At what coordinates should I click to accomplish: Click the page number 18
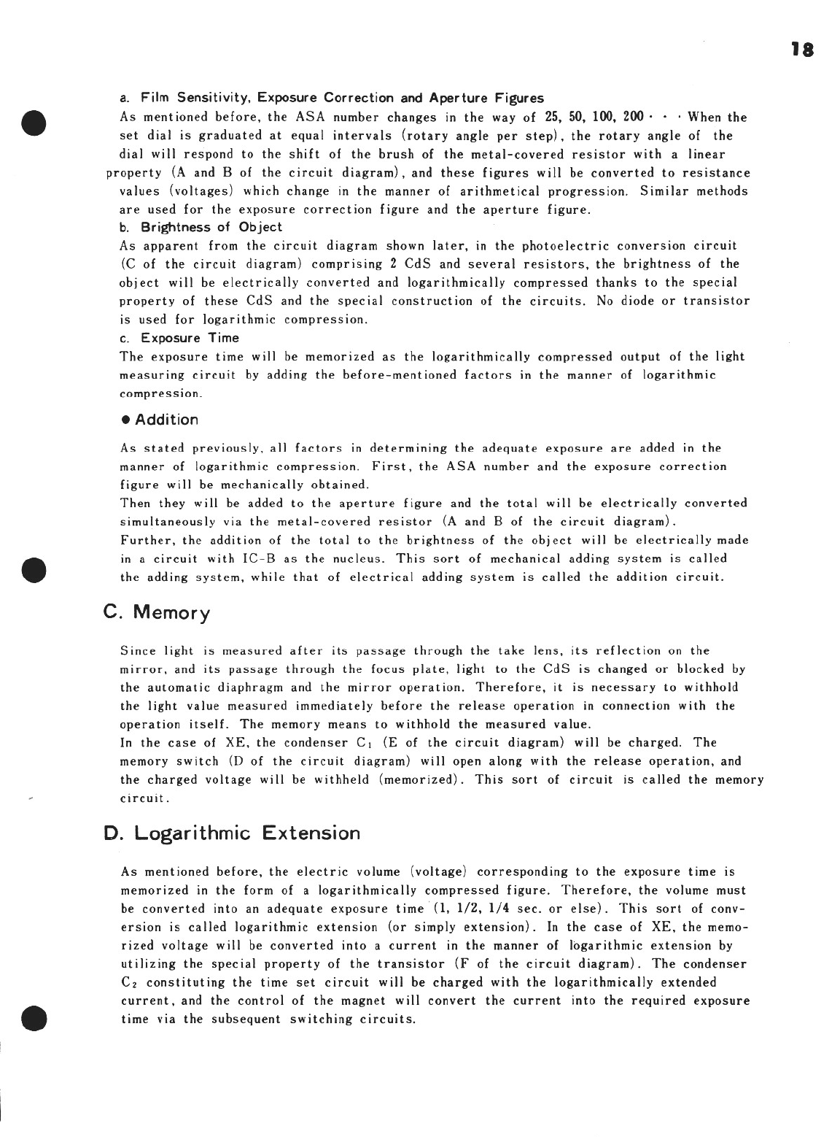tap(801, 50)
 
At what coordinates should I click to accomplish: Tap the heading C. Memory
tap(157, 612)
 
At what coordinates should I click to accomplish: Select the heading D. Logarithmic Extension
tap(233, 833)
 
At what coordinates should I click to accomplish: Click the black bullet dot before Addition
tap(125, 420)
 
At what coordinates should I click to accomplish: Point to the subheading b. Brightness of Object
tap(201, 227)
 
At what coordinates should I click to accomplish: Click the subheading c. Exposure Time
tap(179, 338)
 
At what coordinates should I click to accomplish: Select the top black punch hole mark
tap(34, 122)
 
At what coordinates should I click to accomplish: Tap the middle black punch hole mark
tap(34, 569)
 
